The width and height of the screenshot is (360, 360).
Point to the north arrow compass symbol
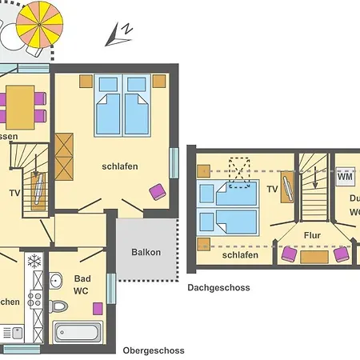pos(121,32)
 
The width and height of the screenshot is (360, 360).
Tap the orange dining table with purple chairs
pos(20,105)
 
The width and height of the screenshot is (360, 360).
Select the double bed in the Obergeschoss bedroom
pos(123,105)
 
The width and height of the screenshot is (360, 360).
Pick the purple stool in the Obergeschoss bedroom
pos(157,191)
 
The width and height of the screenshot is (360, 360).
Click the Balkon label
pos(146,252)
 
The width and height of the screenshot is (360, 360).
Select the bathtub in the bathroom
pos(77,332)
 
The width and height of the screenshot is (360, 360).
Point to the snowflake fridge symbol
pos(34,261)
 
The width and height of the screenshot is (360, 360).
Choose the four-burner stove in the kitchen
pos(34,300)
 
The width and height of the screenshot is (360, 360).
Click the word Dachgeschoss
pos(218,288)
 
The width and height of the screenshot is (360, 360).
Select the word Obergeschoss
pos(154,350)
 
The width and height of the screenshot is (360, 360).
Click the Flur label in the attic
pos(312,235)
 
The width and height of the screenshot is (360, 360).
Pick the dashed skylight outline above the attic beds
pos(240,171)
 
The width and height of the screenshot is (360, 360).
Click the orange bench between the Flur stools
pos(313,255)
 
